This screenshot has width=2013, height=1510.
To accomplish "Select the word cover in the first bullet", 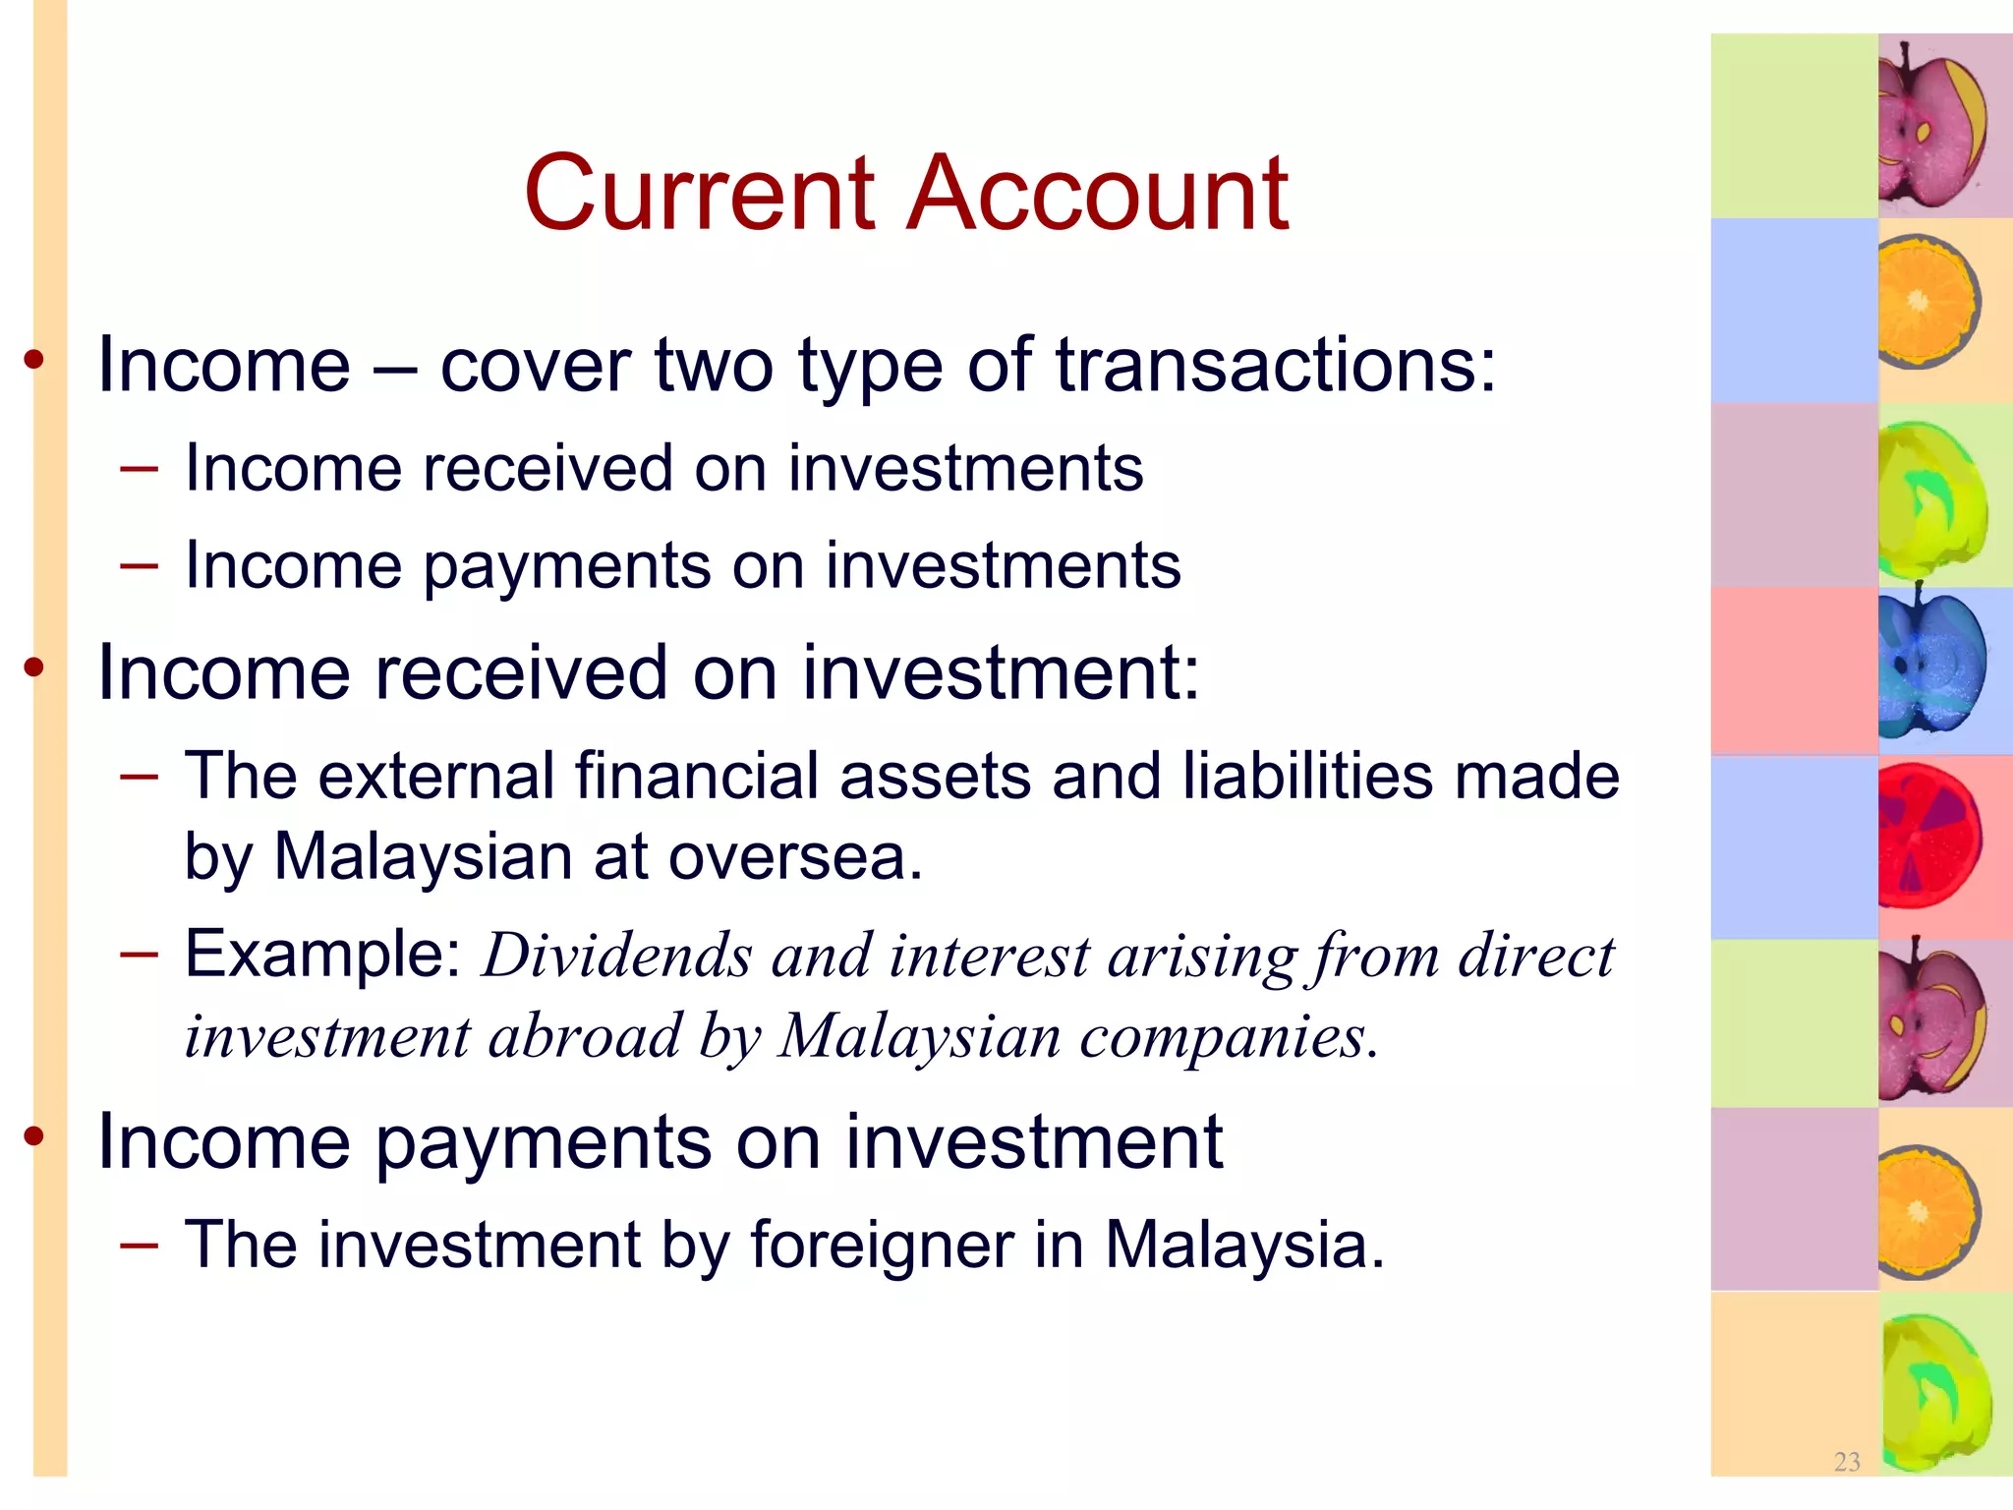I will coord(537,366).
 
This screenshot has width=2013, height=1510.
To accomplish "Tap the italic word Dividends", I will coord(615,956).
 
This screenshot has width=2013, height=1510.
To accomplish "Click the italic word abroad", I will coord(584,1037).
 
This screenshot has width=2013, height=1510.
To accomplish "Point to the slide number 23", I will coord(1847,1461).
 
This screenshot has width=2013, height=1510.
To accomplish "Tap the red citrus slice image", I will coord(1928,837).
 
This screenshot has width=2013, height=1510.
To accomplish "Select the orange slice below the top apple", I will coord(1927,301).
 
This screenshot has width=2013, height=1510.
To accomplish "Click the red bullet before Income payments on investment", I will coord(35,1137).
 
